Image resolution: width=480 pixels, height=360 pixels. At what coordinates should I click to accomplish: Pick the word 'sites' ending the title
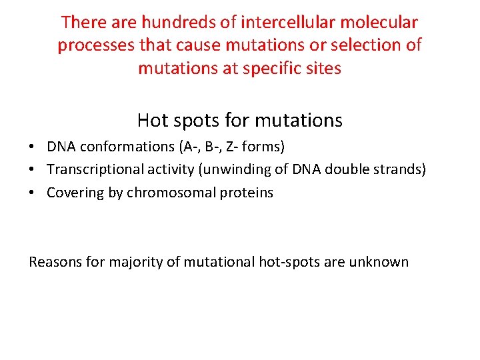tap(323, 69)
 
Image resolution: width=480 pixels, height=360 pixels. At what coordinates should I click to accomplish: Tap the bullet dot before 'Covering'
tap(33, 193)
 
